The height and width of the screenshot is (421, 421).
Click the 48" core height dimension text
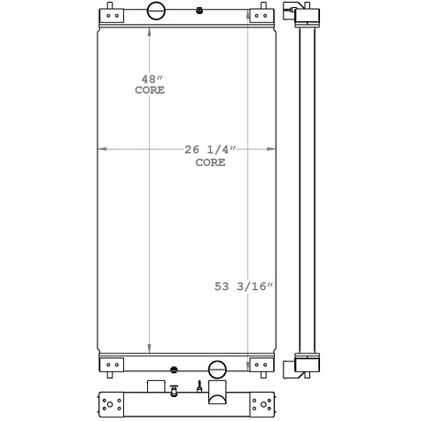click(x=150, y=84)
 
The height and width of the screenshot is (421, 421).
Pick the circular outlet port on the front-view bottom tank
click(x=216, y=370)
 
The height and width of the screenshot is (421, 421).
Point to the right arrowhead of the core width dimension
click(x=269, y=149)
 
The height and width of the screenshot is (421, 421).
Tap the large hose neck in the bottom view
click(x=217, y=391)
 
